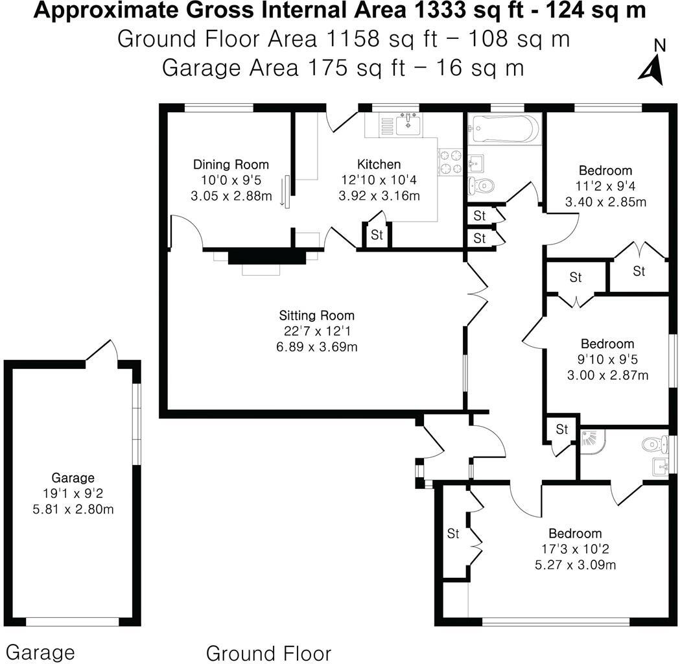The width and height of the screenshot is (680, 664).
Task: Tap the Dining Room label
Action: (231, 165)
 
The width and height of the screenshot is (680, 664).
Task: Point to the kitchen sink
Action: (408, 123)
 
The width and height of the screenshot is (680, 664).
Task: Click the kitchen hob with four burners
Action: (451, 161)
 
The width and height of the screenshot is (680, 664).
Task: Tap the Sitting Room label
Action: (317, 316)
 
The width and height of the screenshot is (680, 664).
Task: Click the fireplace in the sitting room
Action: (266, 257)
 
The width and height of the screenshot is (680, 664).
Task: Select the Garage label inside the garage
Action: (73, 478)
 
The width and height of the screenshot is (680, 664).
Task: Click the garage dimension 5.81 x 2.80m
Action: (73, 509)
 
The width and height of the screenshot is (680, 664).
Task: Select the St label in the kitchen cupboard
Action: (377, 235)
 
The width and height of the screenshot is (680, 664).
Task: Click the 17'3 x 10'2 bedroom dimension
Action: (575, 549)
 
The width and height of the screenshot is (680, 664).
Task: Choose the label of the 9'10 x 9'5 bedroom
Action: (607, 344)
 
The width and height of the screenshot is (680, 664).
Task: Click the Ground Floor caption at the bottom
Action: (268, 652)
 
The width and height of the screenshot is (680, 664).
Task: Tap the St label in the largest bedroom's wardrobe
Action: (453, 534)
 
